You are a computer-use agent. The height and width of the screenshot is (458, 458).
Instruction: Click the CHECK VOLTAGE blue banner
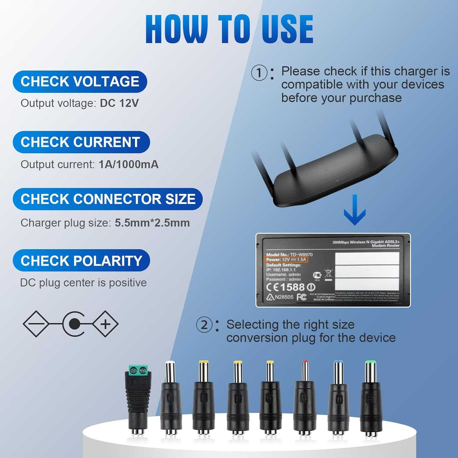[80, 82]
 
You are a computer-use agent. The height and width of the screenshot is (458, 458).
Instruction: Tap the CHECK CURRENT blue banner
[81, 142]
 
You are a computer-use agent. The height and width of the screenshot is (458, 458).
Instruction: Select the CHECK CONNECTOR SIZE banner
[107, 199]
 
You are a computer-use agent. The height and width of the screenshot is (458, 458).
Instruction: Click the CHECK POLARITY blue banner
[81, 261]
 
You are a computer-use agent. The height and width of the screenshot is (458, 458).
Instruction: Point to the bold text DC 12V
[119, 103]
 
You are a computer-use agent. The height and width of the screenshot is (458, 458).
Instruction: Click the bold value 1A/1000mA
[129, 165]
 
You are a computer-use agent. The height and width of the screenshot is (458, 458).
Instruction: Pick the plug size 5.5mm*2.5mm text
[152, 223]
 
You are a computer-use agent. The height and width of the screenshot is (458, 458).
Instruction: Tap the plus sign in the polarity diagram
[105, 324]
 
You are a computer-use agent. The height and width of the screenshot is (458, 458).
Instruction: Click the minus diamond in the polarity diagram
[36, 324]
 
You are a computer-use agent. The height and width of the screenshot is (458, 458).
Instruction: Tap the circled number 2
[204, 325]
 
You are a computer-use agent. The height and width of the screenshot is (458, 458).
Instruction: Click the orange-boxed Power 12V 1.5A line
[286, 260]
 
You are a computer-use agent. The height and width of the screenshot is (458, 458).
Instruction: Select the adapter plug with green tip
[371, 397]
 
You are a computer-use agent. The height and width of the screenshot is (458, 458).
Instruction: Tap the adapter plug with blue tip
[338, 397]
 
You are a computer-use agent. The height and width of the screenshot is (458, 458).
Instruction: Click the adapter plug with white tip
[170, 397]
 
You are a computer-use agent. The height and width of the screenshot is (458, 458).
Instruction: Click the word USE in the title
[287, 29]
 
